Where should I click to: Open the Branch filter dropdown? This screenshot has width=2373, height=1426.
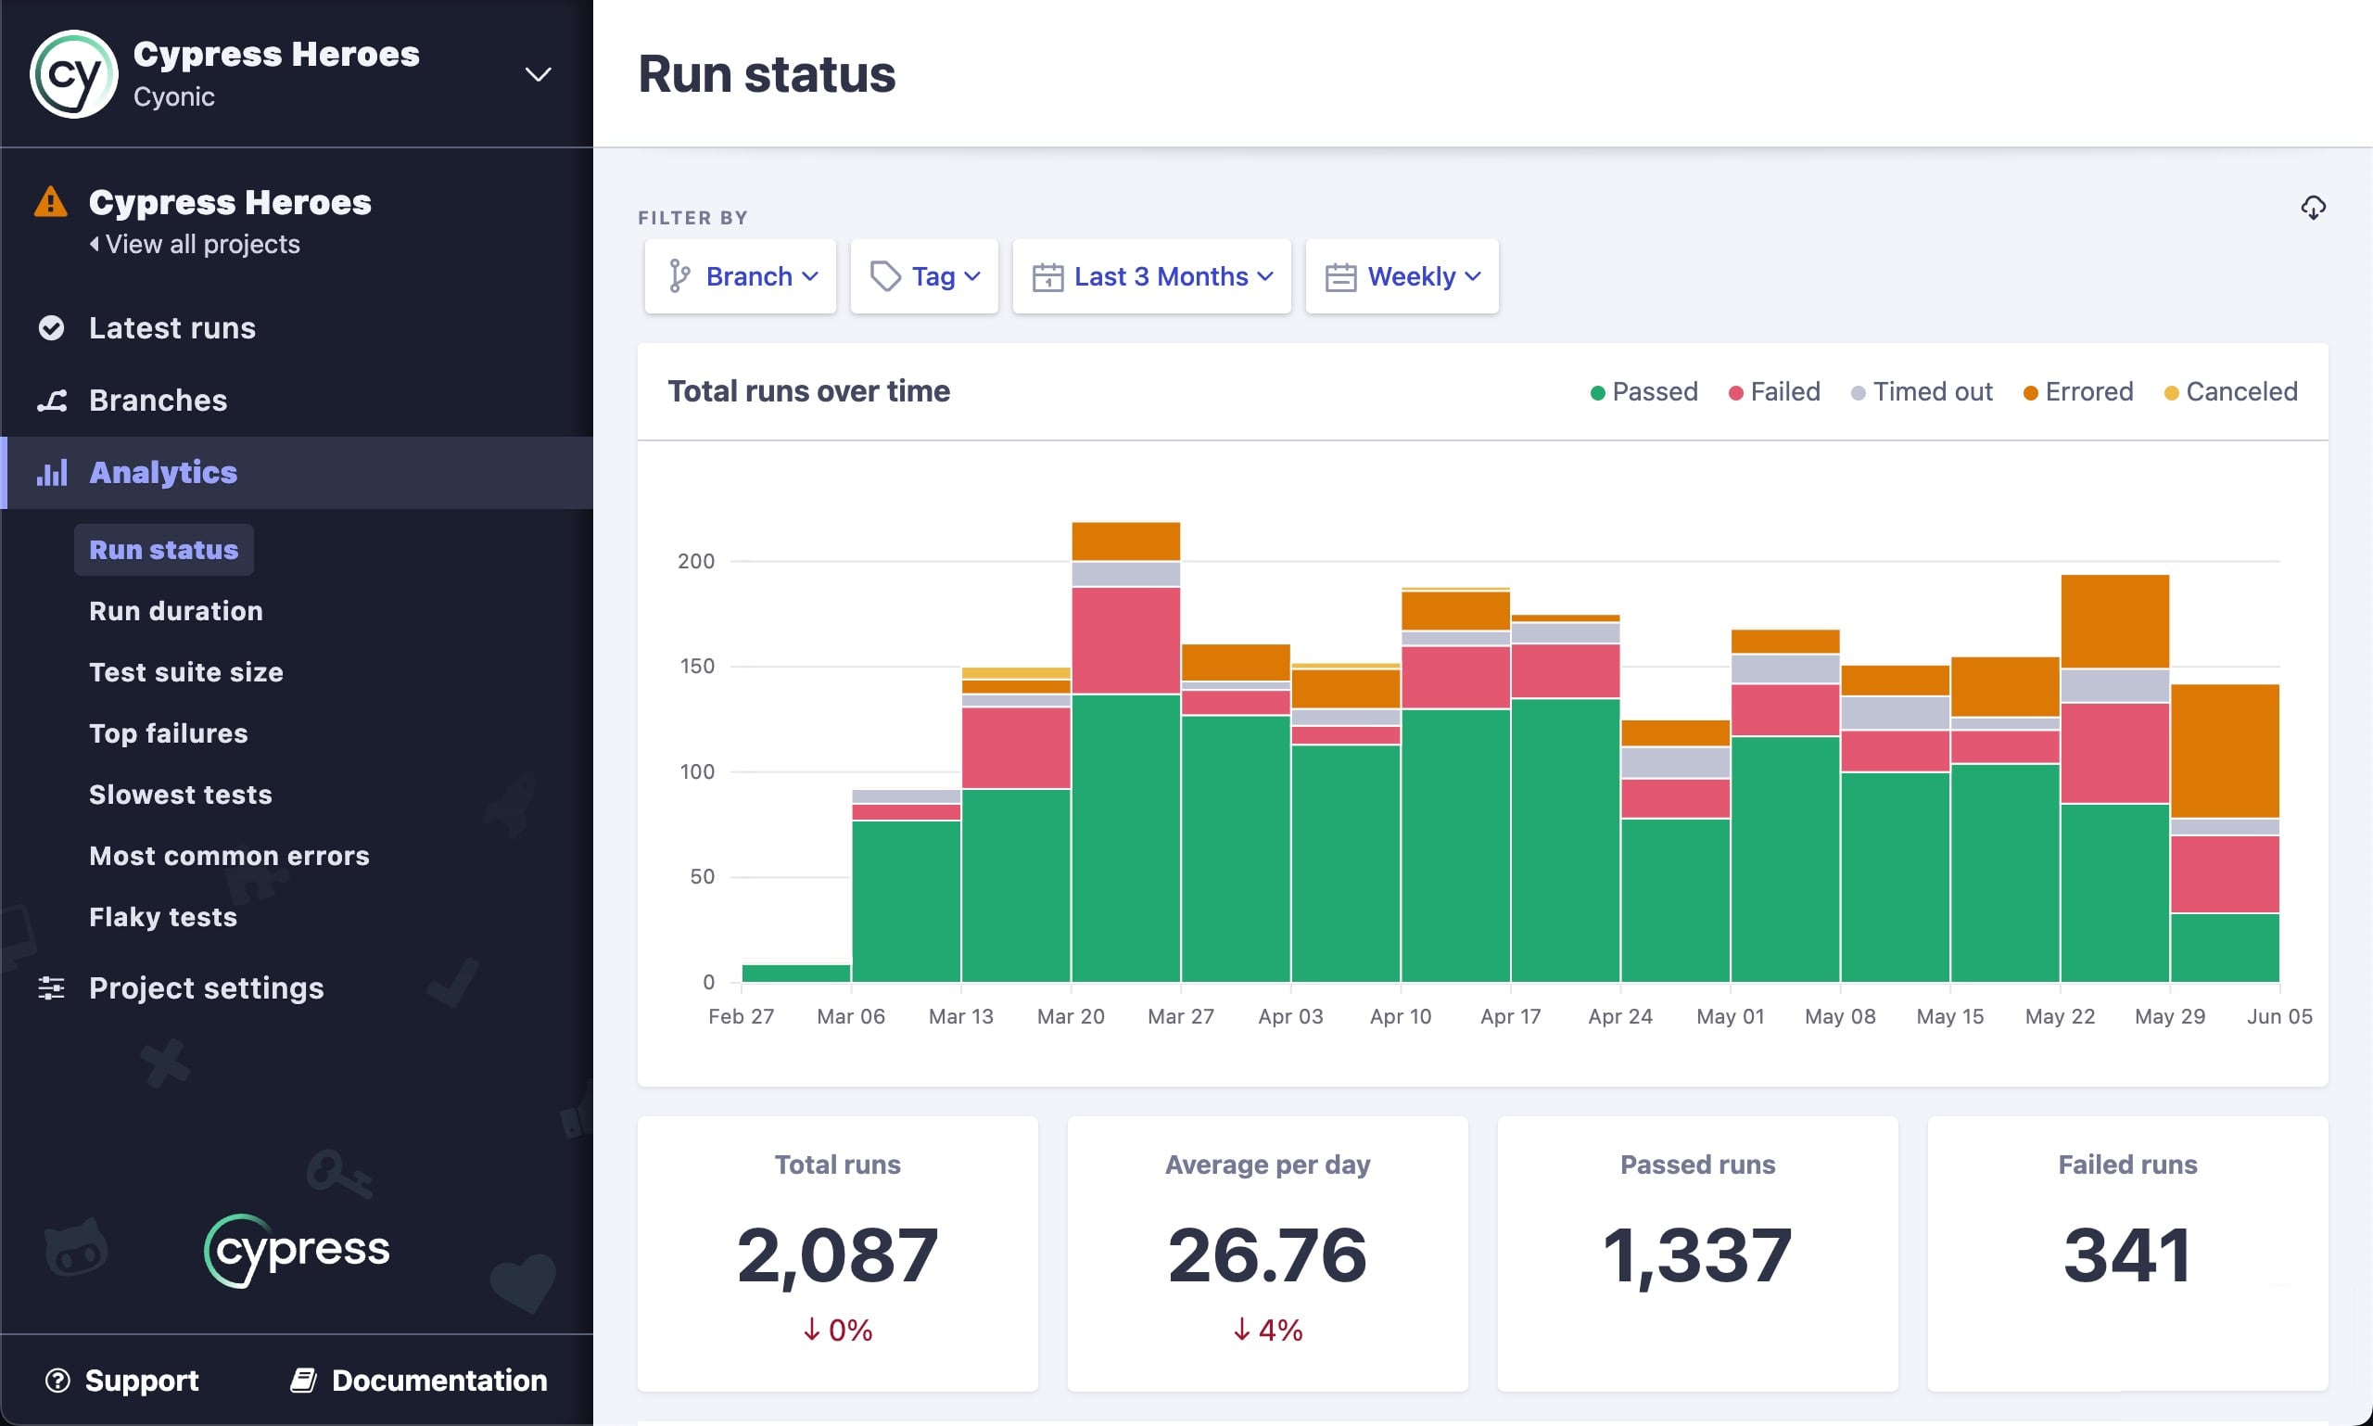tap(741, 276)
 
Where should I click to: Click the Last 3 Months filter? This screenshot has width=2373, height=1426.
tap(1152, 276)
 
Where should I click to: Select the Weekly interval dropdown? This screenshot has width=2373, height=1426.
tap(1402, 276)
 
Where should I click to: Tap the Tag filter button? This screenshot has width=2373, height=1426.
tap(924, 276)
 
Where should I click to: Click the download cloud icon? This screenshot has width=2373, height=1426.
tap(2313, 208)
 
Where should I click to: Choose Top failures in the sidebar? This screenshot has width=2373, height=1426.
tap(168, 733)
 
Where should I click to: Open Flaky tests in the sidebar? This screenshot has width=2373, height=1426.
tap(162, 917)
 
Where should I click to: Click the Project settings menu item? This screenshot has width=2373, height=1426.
tap(206, 987)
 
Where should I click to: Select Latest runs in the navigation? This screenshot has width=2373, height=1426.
tap(172, 327)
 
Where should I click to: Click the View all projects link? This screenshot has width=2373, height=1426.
tap(202, 244)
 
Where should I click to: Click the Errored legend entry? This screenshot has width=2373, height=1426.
tap(2078, 392)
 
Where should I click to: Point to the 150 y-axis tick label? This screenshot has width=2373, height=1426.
tap(697, 666)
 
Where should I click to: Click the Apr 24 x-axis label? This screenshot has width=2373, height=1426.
tap(1619, 1015)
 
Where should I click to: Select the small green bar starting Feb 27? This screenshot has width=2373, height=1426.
tap(795, 973)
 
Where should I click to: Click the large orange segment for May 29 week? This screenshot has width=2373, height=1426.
tap(2224, 750)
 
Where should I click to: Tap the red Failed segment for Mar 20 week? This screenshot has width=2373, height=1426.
tap(1125, 640)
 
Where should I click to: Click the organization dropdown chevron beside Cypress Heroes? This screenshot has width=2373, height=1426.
tap(538, 74)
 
